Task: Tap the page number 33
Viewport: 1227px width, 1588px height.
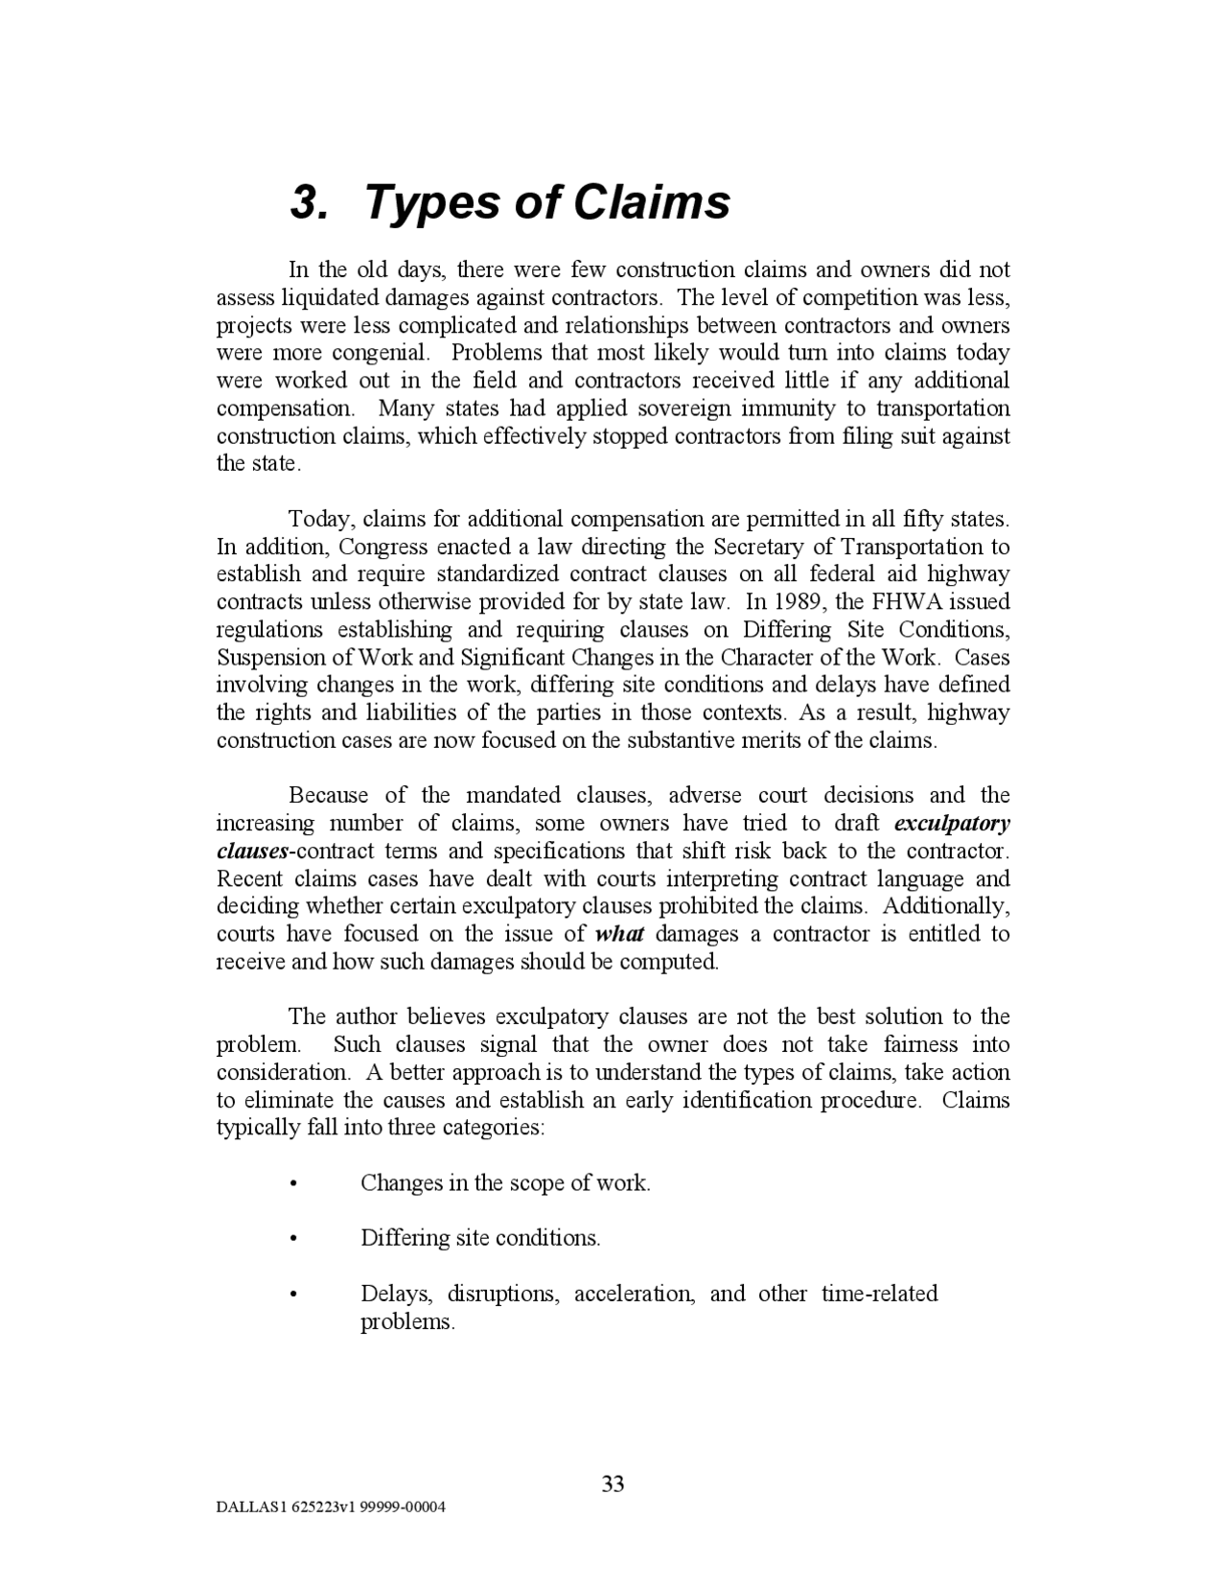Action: click(613, 1484)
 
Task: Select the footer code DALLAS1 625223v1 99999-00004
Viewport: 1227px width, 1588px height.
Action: click(331, 1506)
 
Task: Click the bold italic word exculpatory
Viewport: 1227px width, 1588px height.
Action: click(951, 824)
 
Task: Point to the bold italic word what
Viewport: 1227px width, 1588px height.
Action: click(619, 934)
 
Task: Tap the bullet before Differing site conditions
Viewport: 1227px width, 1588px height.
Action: click(292, 1240)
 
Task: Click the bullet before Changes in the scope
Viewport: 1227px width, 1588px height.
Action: click(292, 1184)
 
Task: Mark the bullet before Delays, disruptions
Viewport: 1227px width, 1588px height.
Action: click(292, 1296)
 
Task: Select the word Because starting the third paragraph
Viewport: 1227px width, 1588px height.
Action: click(328, 796)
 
